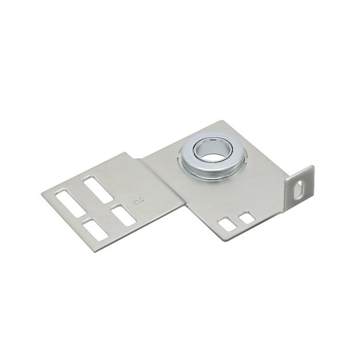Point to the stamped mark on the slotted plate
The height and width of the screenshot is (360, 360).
coord(138,202)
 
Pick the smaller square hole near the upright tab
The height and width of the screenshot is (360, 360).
coord(247,217)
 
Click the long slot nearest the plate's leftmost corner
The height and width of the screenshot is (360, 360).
coord(70,203)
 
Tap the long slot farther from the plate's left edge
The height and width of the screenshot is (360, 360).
coord(98,189)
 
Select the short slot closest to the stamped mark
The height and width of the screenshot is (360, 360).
coord(123,214)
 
